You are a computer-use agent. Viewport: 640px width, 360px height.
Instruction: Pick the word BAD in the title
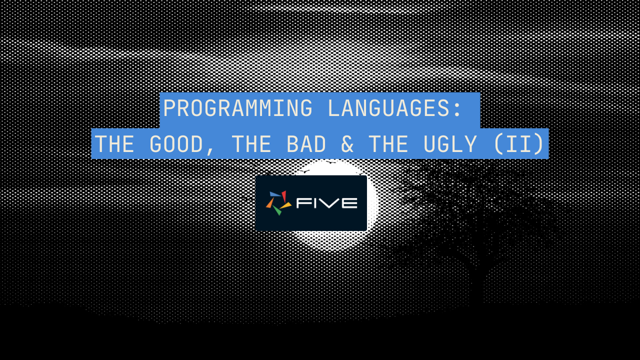tap(306, 144)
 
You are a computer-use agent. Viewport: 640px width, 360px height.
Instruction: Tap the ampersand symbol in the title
tap(347, 144)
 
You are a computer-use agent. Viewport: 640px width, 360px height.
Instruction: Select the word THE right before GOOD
tap(114, 144)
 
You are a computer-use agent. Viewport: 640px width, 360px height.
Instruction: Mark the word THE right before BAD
tap(251, 144)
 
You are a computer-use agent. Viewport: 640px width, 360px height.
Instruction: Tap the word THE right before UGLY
tap(388, 144)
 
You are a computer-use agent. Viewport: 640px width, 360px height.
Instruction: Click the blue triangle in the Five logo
tap(274, 194)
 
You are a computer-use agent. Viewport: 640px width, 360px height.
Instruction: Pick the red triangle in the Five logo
tap(284, 196)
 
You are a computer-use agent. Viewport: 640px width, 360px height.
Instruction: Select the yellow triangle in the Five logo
tap(286, 205)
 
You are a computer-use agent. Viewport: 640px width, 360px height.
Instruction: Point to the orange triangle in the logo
tap(269, 203)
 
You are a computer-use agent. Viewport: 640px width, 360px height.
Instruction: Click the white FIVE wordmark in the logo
tap(326, 203)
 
